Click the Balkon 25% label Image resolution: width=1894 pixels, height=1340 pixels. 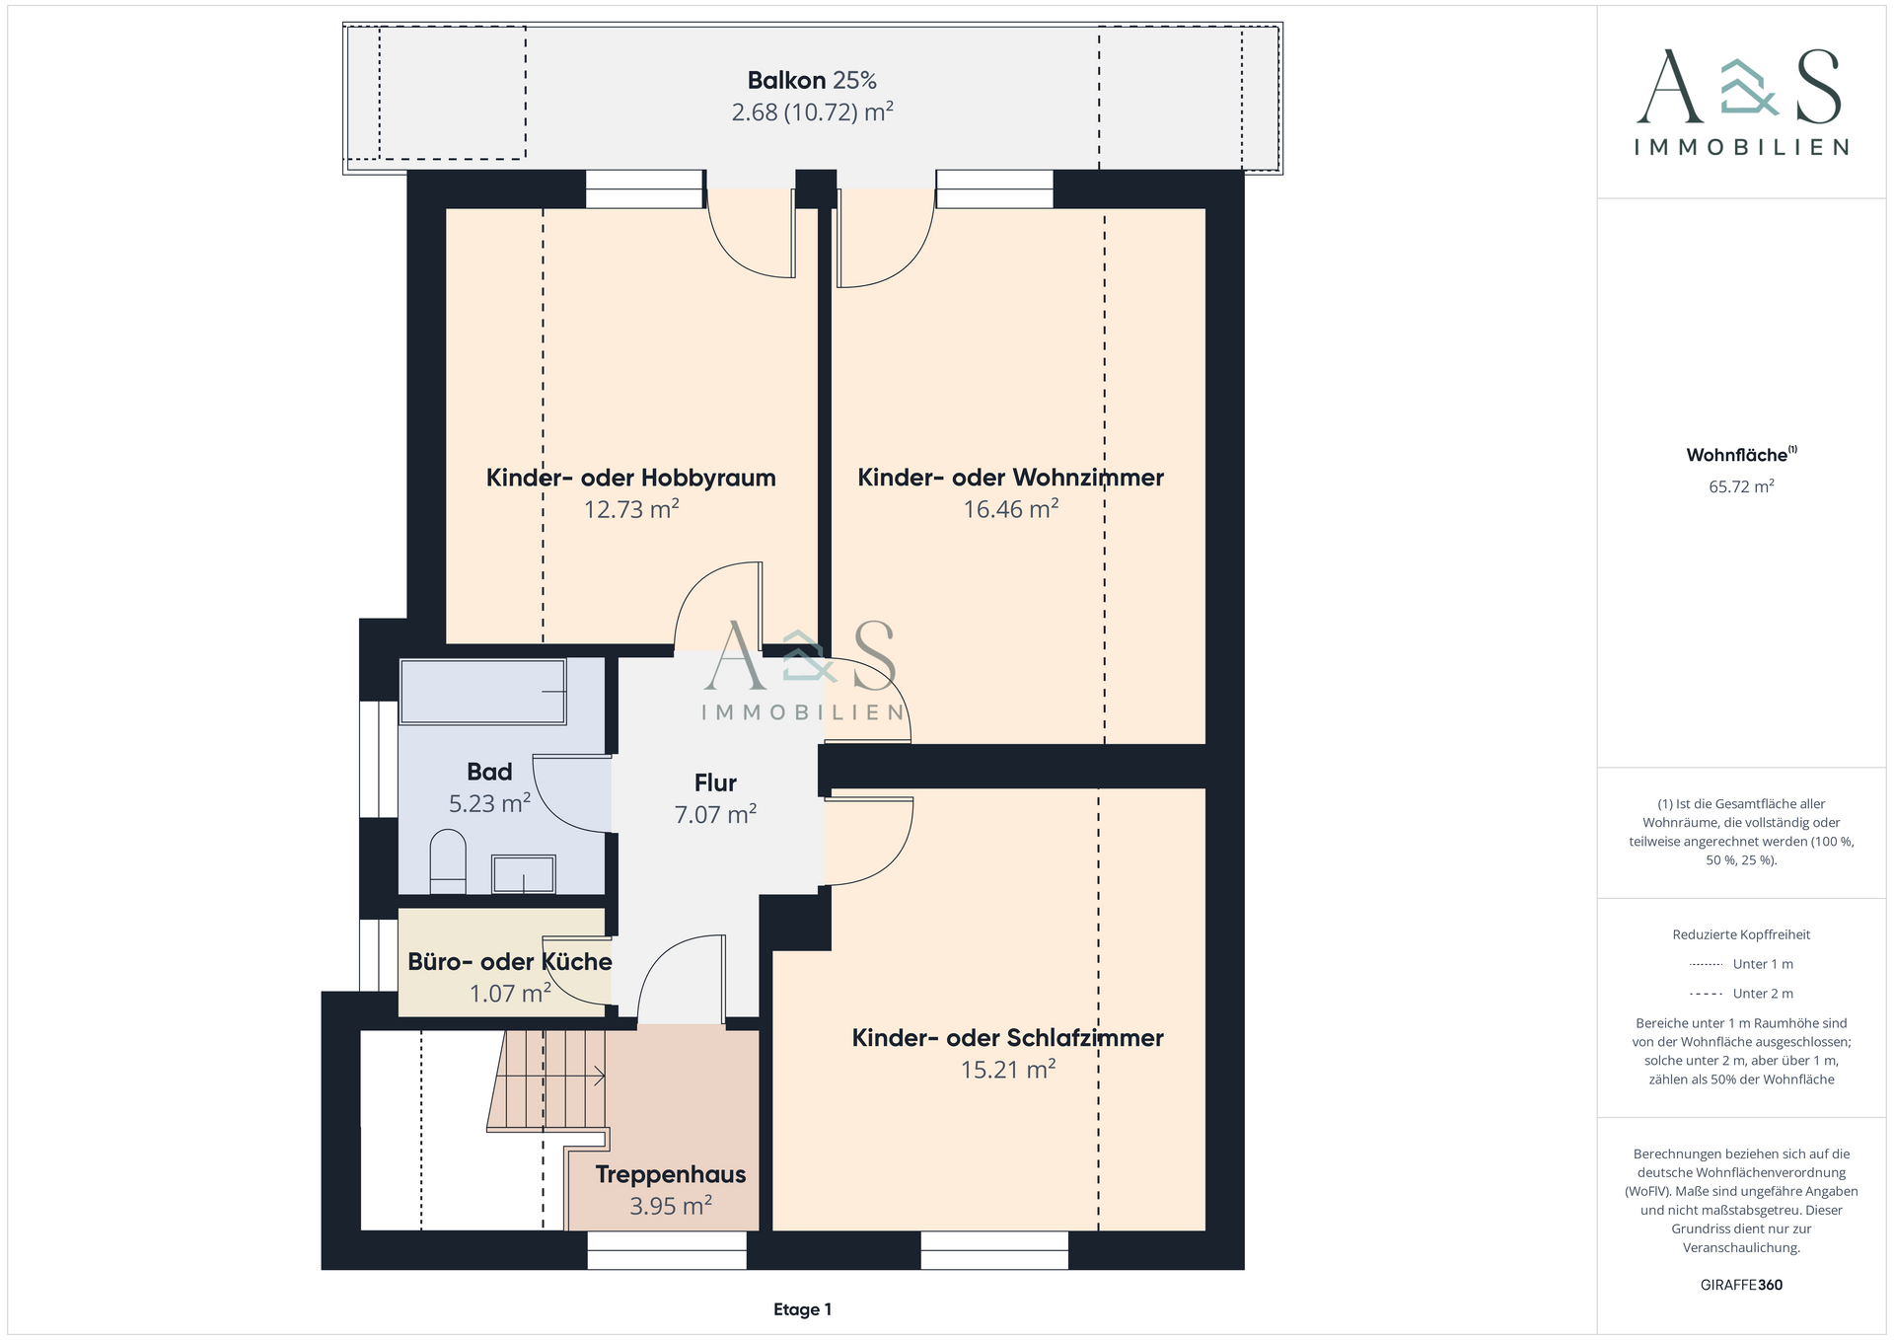812,80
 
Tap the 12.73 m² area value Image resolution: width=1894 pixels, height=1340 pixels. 631,509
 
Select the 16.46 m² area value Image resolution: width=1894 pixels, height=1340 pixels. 1011,509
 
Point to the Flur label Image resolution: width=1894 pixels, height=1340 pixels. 715,782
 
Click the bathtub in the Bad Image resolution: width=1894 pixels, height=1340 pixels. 482,692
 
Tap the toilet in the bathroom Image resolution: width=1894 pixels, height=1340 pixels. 448,861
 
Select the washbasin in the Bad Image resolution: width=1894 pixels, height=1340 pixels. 524,874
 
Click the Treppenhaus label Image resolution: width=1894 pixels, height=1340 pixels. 671,1174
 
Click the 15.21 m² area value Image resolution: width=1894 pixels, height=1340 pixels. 1008,1070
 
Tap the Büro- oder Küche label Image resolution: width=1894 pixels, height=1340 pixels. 510,962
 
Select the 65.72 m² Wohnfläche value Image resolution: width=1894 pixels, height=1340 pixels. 1741,486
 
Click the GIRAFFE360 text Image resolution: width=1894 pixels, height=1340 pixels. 1741,1285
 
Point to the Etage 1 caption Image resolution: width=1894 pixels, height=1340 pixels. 802,1309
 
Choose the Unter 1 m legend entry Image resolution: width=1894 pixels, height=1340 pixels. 1741,964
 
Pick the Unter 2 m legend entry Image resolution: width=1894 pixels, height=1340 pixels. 1741,994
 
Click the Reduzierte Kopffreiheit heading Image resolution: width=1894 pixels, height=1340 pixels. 1741,934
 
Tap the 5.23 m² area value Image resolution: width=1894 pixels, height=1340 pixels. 489,803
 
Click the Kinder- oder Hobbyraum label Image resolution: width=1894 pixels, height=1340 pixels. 631,478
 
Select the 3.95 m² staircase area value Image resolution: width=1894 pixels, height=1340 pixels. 671,1206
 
